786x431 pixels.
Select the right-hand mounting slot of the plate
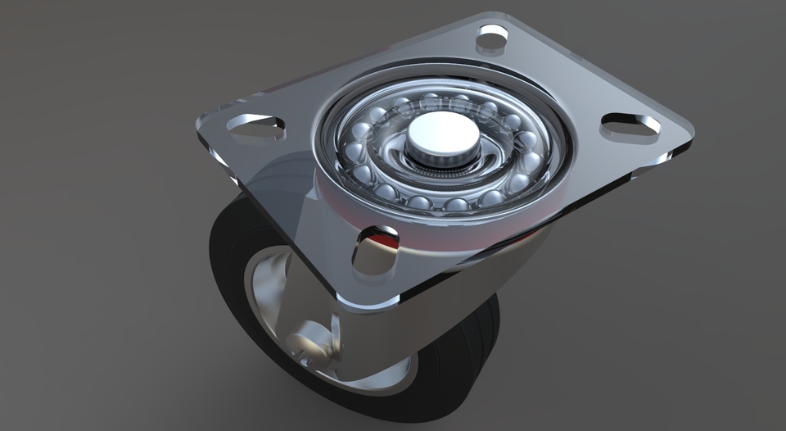(x=630, y=125)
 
